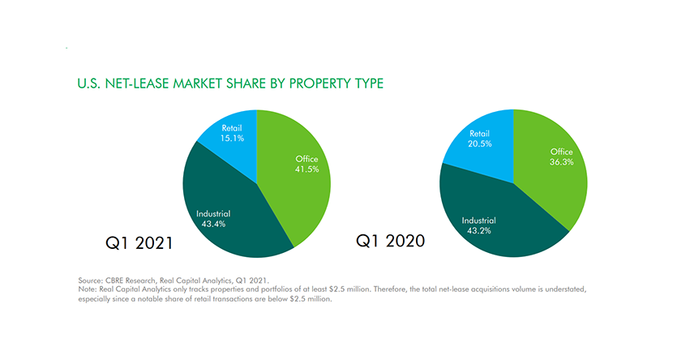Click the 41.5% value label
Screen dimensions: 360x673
307,169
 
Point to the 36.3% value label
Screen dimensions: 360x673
561,162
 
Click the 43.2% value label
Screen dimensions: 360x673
478,231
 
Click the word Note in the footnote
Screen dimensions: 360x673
87,289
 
